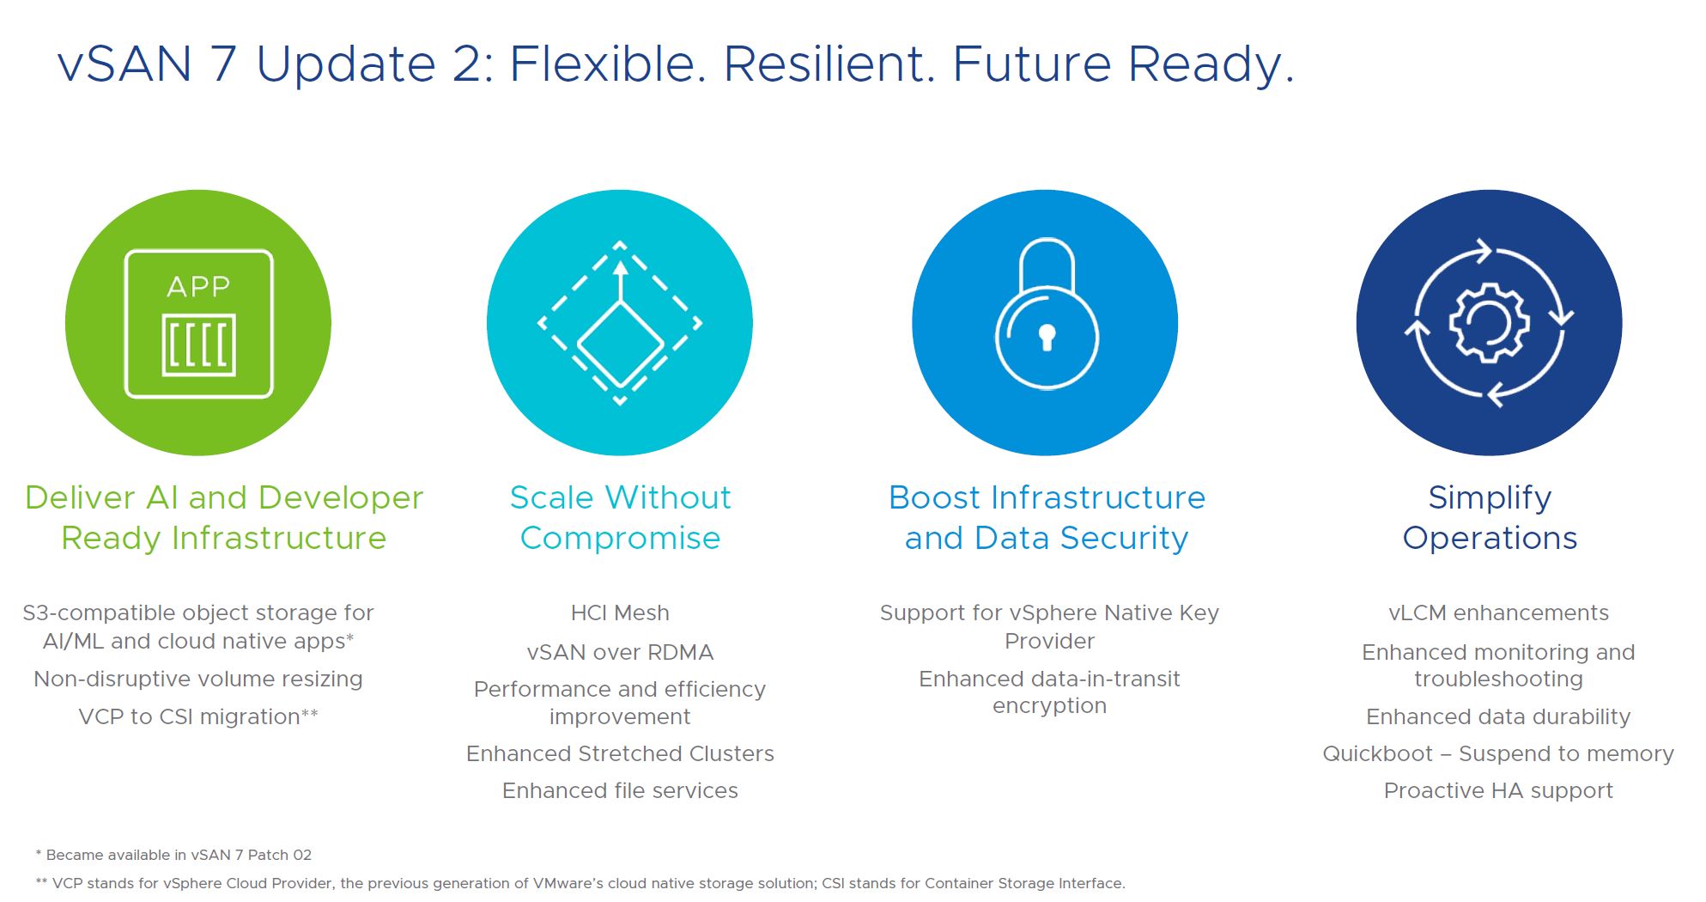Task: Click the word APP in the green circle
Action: pyautogui.click(x=198, y=286)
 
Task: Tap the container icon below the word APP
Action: pyautogui.click(x=199, y=345)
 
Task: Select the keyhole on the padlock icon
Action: pyautogui.click(x=1047, y=338)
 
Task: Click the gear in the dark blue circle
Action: pyautogui.click(x=1489, y=323)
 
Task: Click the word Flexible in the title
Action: pyautogui.click(x=608, y=64)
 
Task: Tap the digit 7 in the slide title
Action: pyautogui.click(x=222, y=64)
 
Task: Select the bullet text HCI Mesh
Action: pyautogui.click(x=620, y=613)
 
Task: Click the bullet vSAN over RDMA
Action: pyautogui.click(x=620, y=652)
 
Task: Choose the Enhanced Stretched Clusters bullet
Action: pyautogui.click(x=620, y=753)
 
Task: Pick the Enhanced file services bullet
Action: pyautogui.click(x=620, y=790)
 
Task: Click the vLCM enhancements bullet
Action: pyautogui.click(x=1498, y=613)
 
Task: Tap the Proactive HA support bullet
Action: pyautogui.click(x=1498, y=790)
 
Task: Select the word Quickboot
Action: pyautogui.click(x=1377, y=753)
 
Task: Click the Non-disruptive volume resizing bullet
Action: pyautogui.click(x=198, y=679)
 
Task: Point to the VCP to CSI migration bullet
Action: pyautogui.click(x=198, y=716)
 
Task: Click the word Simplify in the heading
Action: pyautogui.click(x=1490, y=497)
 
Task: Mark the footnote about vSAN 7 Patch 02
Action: pyautogui.click(x=173, y=855)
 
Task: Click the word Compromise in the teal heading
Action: pyautogui.click(x=620, y=538)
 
